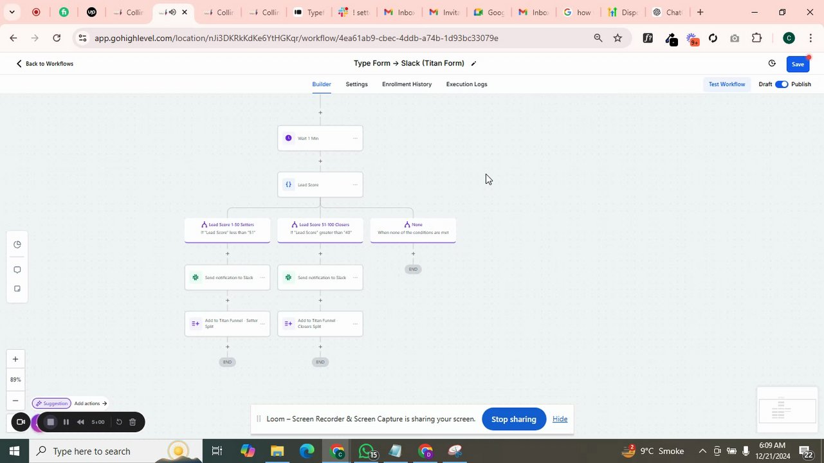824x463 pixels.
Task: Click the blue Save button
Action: [x=798, y=64]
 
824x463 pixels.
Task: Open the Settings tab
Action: [x=356, y=84]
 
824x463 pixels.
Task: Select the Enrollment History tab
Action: [x=407, y=84]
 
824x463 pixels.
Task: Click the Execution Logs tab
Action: [x=466, y=84]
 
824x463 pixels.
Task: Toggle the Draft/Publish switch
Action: [x=782, y=84]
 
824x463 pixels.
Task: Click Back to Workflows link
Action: [x=44, y=64]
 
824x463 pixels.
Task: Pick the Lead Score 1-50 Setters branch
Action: [x=227, y=229]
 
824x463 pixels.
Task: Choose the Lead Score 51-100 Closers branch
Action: [x=320, y=229]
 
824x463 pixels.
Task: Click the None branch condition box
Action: [x=413, y=229]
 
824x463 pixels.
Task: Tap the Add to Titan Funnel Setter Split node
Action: [x=227, y=323]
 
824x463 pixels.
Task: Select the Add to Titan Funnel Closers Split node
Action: [x=320, y=323]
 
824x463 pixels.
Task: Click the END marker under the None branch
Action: [x=413, y=269]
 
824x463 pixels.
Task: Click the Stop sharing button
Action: [x=513, y=419]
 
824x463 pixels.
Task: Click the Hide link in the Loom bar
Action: [x=560, y=419]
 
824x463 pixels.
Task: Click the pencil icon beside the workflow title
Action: [x=474, y=64]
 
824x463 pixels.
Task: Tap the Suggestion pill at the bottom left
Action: [x=51, y=403]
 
